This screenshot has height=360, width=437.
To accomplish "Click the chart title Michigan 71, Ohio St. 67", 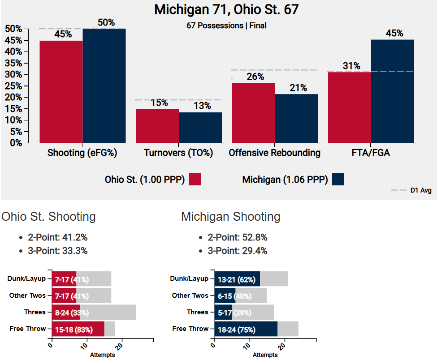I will (x=226, y=10).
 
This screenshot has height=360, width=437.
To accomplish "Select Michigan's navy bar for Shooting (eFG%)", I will (x=104, y=86).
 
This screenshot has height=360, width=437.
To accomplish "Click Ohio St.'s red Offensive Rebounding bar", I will (x=253, y=113).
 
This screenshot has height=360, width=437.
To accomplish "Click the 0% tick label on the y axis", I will (x=15, y=143).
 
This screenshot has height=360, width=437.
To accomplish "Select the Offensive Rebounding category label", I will (x=274, y=153).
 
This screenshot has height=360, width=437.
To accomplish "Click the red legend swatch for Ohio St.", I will (x=195, y=179).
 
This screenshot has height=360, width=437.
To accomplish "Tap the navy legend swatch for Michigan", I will (x=338, y=179).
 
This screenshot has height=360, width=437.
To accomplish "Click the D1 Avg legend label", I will (x=421, y=190).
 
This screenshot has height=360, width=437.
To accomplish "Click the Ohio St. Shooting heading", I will (x=48, y=217).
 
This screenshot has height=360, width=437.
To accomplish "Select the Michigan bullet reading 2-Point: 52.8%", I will (x=237, y=237).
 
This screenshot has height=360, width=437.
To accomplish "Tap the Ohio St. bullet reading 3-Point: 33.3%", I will (x=57, y=251).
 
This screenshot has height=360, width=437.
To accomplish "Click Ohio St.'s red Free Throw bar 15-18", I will (x=78, y=329).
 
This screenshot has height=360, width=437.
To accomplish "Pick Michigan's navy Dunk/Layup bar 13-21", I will (x=237, y=279).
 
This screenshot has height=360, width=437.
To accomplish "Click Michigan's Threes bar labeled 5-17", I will (x=223, y=312).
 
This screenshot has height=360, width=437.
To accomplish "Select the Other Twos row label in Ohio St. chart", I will (x=28, y=296).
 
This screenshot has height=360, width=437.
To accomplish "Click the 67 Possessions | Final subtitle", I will (x=226, y=26).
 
